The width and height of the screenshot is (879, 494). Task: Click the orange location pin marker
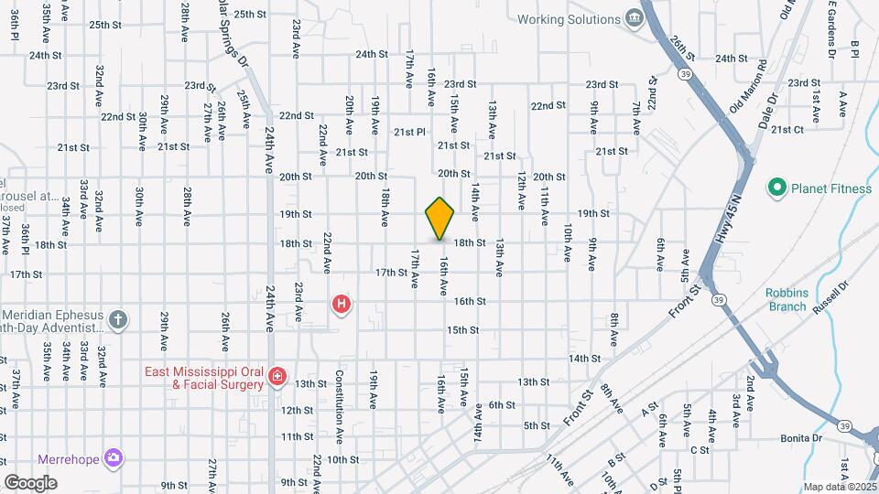tap(439, 219)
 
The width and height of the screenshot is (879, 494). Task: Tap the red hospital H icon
tap(342, 304)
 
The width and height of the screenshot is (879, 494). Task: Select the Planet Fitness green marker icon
tap(777, 188)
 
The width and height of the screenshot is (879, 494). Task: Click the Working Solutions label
tap(568, 19)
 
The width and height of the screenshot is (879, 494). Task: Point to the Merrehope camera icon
tap(113, 456)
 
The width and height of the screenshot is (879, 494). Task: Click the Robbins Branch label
tap(787, 299)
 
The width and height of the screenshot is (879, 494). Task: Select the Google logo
tap(30, 482)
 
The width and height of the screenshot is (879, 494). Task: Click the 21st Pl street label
tap(410, 132)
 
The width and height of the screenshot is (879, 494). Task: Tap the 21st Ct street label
tap(787, 129)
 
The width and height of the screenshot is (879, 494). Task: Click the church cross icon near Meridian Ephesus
tap(116, 319)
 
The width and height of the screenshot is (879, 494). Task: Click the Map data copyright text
tap(840, 487)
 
